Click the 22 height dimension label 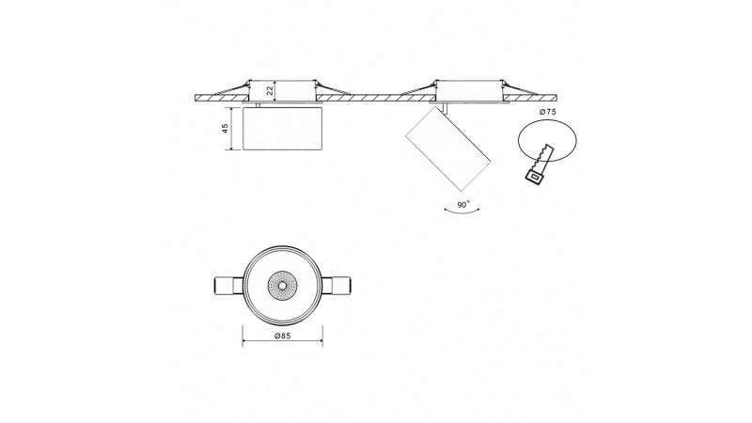pyautogui.click(x=270, y=89)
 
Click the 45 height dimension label pyautogui.click(x=226, y=128)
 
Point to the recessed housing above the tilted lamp pyautogui.click(x=468, y=88)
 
